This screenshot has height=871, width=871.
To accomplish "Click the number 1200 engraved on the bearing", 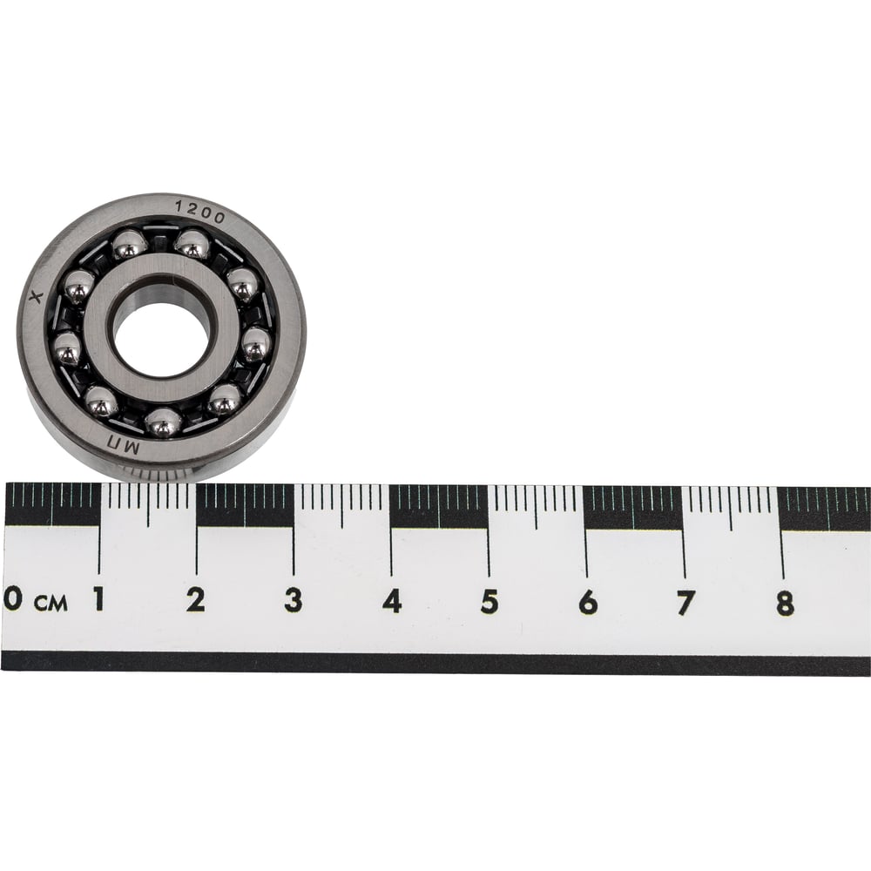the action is (x=200, y=212).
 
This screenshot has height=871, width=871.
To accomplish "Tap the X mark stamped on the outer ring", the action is (x=36, y=297).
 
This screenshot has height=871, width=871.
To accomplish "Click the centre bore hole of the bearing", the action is (x=160, y=333).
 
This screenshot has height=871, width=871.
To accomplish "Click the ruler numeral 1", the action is (x=99, y=599).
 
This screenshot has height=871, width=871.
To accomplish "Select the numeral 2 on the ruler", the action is (x=195, y=600).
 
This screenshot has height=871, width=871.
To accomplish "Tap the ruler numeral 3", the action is (x=294, y=600).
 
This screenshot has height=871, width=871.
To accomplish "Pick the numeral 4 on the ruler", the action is (x=392, y=601).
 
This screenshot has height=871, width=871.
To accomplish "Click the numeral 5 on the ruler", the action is (x=490, y=602).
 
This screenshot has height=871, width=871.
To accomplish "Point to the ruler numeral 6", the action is (x=588, y=603).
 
